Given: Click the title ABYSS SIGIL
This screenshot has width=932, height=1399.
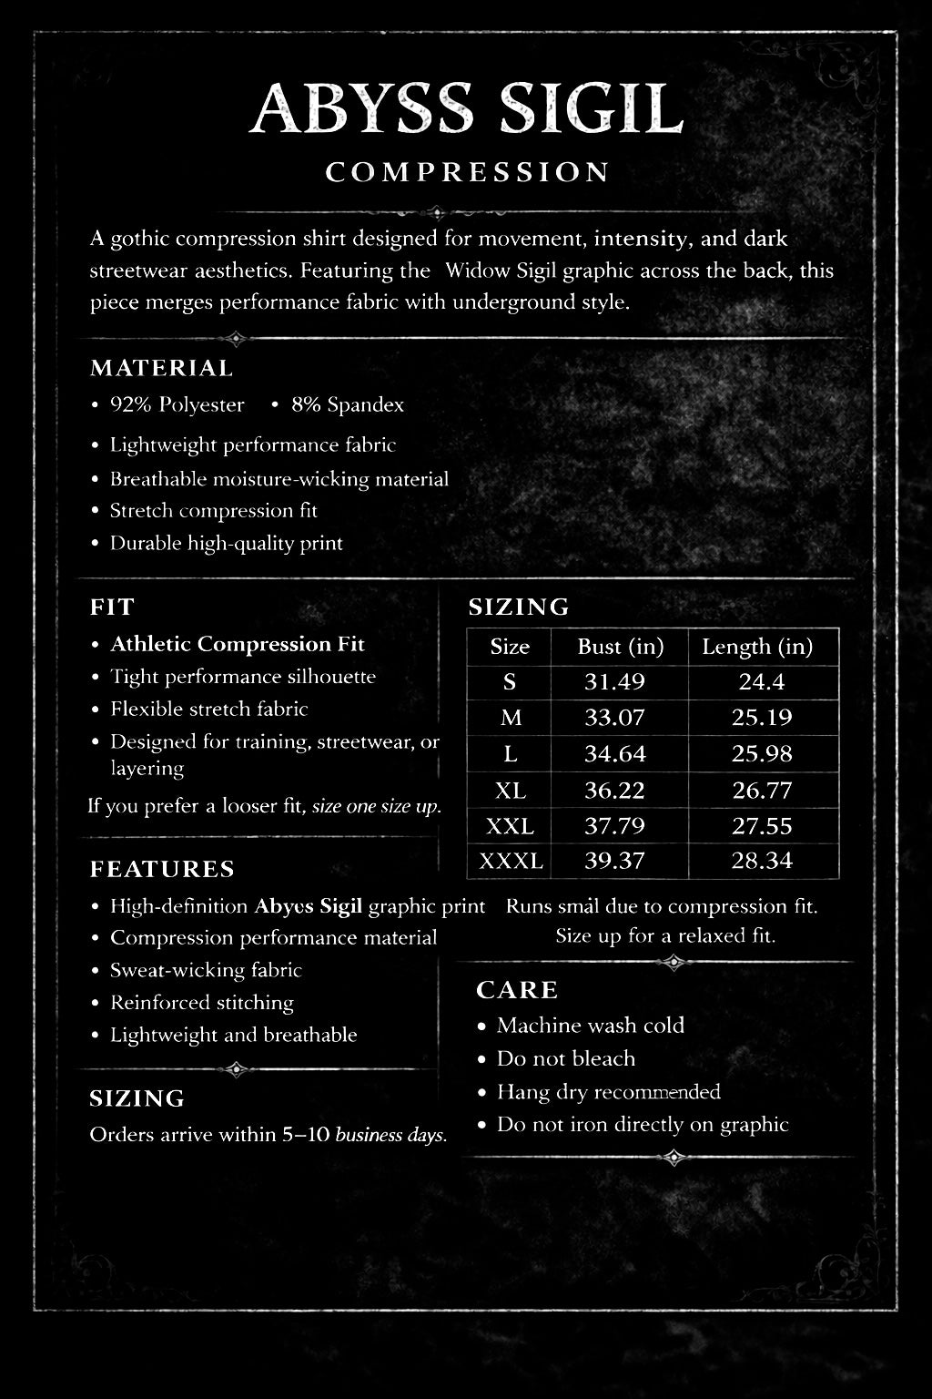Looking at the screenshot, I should coord(466,110).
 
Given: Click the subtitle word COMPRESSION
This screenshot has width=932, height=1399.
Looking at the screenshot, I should coord(467,172).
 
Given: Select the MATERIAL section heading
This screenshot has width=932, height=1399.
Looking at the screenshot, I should coord(161,368).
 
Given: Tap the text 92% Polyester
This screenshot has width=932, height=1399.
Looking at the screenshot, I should coord(177,405).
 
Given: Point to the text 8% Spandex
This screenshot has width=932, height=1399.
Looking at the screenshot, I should coord(347,405).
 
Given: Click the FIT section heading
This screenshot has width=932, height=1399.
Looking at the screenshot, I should coord(112,607).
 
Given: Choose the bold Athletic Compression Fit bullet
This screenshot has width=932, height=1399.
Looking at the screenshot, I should coord(237,644).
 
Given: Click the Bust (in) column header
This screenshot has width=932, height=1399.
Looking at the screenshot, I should coord(620,647).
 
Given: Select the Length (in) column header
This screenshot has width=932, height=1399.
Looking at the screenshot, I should coord(756,647).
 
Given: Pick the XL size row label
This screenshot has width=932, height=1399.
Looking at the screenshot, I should coord(510,790).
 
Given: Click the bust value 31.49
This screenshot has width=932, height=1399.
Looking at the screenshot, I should coord(614,681).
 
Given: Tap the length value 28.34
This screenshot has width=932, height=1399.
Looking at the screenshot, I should coord(762,861).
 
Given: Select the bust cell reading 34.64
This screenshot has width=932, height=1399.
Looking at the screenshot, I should coord(615,753).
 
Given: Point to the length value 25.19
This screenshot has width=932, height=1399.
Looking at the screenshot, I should coord(762,718).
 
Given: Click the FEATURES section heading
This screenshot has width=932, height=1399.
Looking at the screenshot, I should coord(162,869).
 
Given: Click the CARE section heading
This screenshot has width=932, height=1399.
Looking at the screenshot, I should coord(517,990).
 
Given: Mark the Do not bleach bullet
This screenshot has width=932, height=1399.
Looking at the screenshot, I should coord(565,1058).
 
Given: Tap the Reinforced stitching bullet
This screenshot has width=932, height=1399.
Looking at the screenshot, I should coord(201,1003).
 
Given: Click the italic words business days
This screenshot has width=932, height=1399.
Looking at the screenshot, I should coord(390,1135).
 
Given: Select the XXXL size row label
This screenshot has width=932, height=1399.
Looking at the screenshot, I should coord(510,861).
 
